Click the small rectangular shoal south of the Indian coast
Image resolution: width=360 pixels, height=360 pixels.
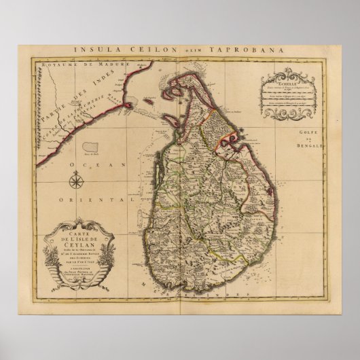[x=108, y=146]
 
